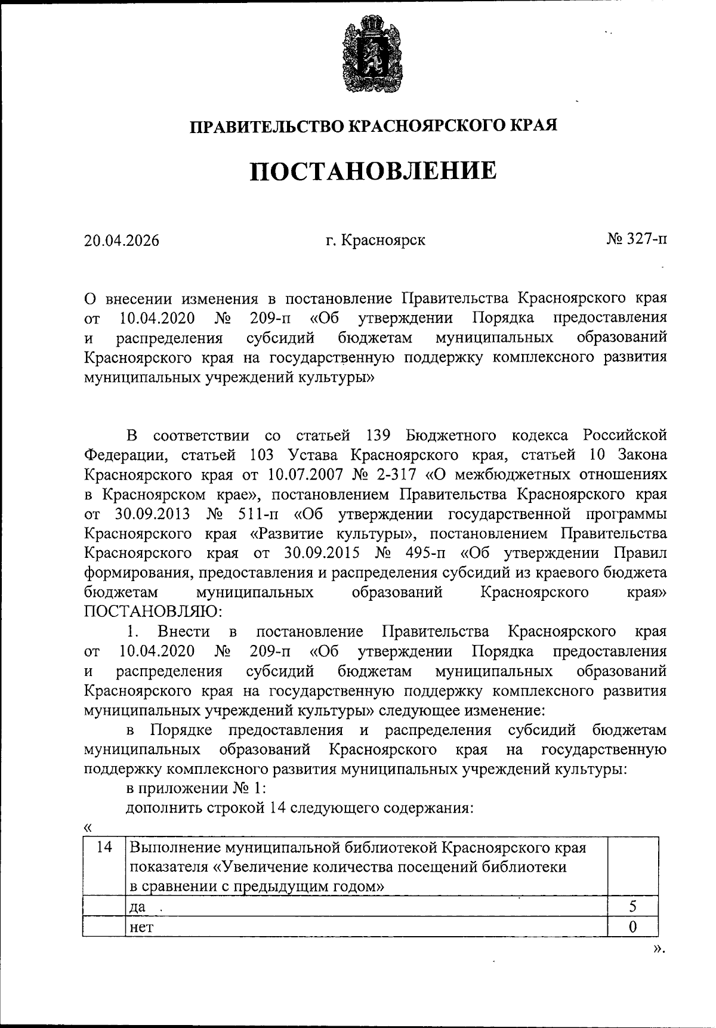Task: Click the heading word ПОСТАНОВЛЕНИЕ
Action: [373, 171]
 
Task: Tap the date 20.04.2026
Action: [122, 240]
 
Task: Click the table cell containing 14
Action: [104, 847]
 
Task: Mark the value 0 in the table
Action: [632, 927]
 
